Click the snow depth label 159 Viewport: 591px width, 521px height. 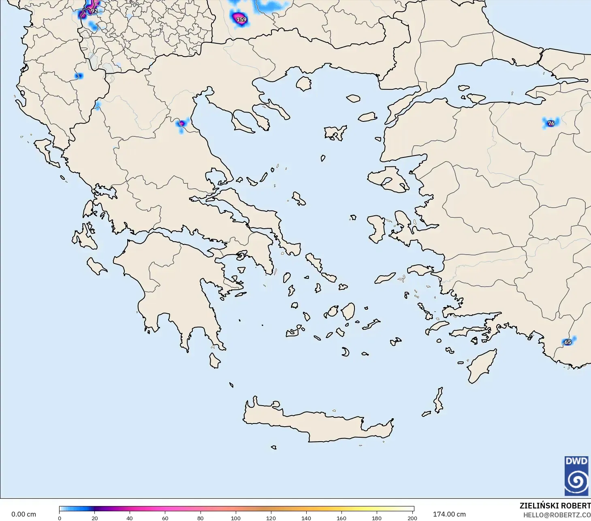(x=241, y=19)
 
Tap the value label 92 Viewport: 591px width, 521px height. (x=94, y=11)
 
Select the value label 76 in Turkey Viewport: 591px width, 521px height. (x=551, y=123)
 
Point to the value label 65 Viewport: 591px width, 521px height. (x=568, y=342)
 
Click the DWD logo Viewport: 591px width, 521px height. (x=576, y=476)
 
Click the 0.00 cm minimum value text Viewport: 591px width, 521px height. (x=23, y=514)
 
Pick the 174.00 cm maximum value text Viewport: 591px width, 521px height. (x=449, y=514)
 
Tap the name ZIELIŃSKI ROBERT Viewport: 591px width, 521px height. (x=555, y=506)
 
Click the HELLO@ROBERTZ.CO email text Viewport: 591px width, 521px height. (x=557, y=515)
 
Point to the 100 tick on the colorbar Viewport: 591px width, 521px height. (x=236, y=518)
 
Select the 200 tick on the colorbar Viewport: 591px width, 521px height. (x=412, y=518)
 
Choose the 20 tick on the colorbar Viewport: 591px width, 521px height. (x=95, y=518)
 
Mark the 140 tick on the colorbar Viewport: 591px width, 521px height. (x=306, y=518)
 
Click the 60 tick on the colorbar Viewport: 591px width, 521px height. (x=165, y=518)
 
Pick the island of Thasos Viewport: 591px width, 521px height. (x=303, y=84)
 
